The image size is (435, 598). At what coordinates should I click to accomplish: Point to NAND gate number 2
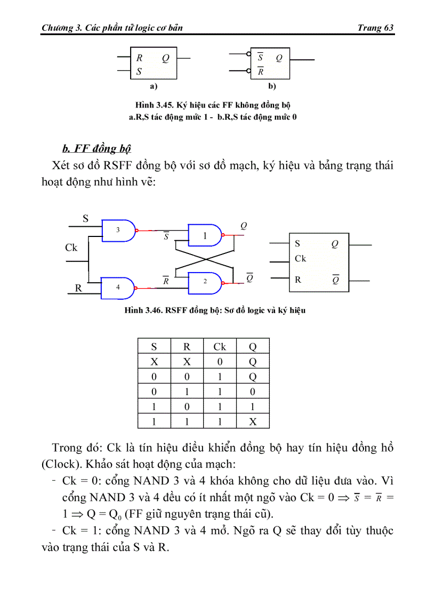click(205, 281)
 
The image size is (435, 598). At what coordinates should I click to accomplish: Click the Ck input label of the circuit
click(71, 248)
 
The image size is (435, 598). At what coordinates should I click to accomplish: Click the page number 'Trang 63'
click(376, 28)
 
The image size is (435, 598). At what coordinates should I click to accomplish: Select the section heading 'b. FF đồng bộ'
click(96, 148)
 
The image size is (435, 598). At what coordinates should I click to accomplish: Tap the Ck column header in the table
click(220, 347)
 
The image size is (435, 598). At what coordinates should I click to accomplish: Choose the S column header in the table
click(154, 347)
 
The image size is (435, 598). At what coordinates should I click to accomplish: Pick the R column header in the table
click(187, 347)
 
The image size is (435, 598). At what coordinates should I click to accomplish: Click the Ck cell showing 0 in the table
click(220, 362)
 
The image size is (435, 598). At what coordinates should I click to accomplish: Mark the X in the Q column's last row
click(253, 422)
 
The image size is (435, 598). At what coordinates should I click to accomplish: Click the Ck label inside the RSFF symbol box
click(301, 259)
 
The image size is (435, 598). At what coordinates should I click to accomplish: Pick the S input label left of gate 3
click(85, 218)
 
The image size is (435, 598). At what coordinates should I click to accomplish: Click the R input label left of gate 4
click(78, 289)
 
